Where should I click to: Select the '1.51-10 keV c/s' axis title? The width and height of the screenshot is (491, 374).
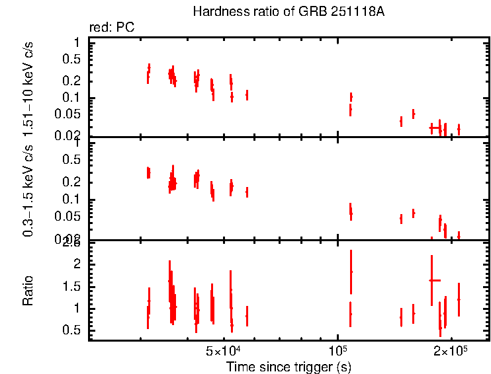pyautogui.click(x=28, y=88)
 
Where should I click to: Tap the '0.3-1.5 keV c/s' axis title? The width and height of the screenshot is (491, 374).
pyautogui.click(x=28, y=190)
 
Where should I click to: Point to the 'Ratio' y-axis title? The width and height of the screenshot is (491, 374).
pyautogui.click(x=28, y=291)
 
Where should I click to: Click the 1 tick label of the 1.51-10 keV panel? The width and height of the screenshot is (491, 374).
pyautogui.click(x=77, y=42)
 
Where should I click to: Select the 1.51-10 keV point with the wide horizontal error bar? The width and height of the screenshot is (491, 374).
pyautogui.click(x=435, y=126)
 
